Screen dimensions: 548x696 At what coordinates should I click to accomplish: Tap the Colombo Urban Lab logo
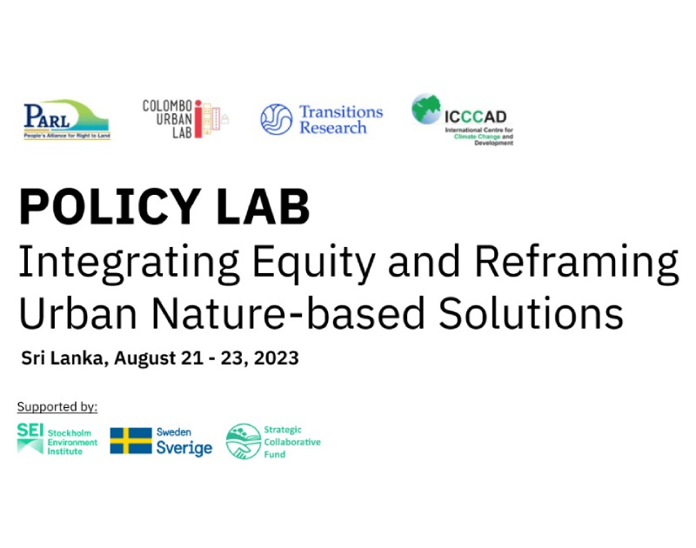click(x=185, y=118)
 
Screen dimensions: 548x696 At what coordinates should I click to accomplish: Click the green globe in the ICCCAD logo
click(x=427, y=110)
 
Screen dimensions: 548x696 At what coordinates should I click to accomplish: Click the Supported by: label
click(x=57, y=407)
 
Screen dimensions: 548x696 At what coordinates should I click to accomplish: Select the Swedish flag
click(x=130, y=441)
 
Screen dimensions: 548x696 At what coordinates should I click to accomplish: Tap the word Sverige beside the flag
click(x=184, y=449)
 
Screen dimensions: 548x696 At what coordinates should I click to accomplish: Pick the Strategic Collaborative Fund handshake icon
click(x=243, y=441)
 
